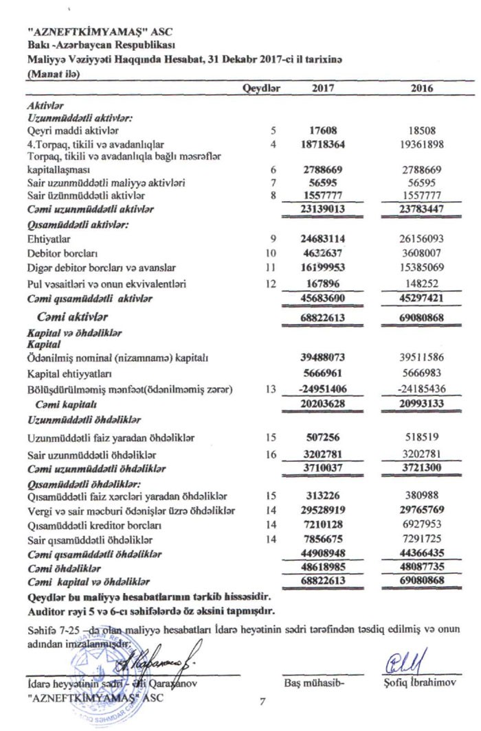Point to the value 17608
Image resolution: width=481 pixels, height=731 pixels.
(x=327, y=130)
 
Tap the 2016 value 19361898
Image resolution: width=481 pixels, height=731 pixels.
(x=421, y=144)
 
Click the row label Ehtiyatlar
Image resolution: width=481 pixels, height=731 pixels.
(x=43, y=239)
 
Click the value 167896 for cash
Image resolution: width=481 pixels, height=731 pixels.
(x=326, y=283)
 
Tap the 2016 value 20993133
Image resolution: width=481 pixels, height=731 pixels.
(x=421, y=404)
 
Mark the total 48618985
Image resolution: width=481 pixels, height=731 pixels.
(x=324, y=569)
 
